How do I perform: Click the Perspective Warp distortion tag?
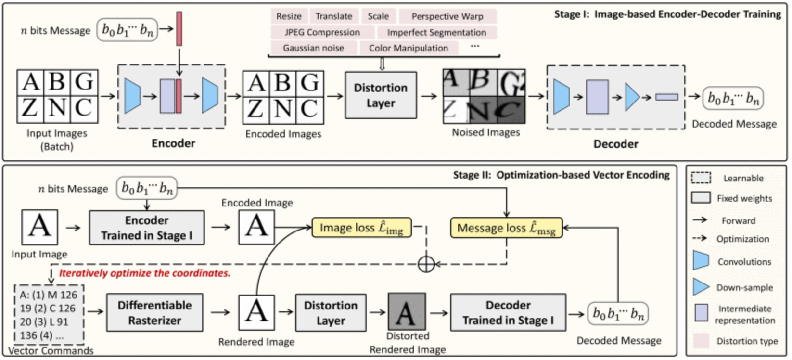pos(447,16)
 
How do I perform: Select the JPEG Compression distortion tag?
pos(322,32)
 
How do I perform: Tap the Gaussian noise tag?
pos(314,48)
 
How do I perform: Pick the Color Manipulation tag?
pos(409,48)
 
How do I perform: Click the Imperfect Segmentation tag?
pos(437,32)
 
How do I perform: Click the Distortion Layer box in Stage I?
pos(381,95)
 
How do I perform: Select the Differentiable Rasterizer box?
pos(155,313)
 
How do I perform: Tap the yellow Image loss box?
pos(362,228)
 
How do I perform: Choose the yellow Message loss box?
pos(506,228)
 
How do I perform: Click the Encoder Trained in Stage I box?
pos(147,228)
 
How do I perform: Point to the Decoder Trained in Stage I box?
pos(508,313)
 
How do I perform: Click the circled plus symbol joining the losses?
pos(426,264)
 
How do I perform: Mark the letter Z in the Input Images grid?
pos(30,108)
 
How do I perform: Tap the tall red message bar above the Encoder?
pos(179,29)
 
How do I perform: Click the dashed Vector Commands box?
pos(49,315)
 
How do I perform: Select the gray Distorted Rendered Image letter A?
pos(407,311)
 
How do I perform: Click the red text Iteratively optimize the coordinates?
pos(145,273)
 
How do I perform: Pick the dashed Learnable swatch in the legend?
pos(701,178)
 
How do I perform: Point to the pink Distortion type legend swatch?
pos(701,341)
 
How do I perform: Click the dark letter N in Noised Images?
pos(483,110)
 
